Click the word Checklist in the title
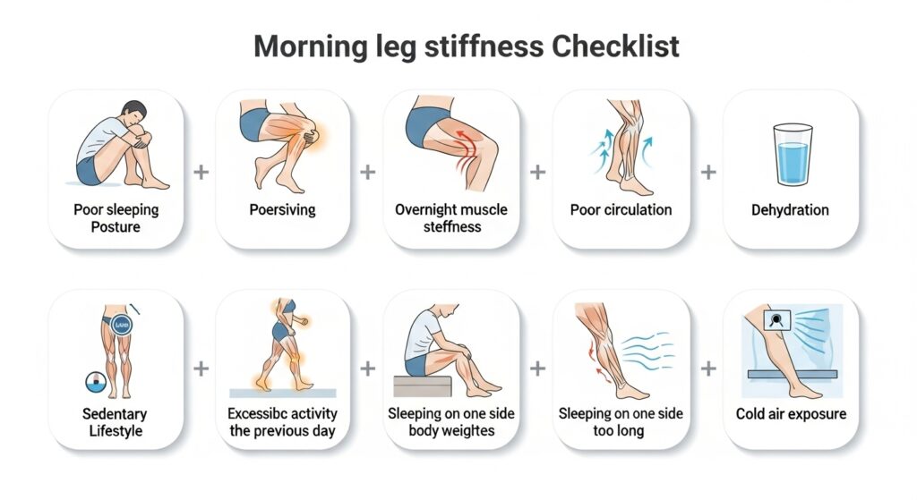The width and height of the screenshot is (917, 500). pos(615,47)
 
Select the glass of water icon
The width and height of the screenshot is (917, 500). pos(793,154)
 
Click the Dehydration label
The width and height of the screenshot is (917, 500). pos(790,210)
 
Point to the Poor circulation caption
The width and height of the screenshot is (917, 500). pos(621,210)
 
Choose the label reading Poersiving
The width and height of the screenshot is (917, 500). pos(282,210)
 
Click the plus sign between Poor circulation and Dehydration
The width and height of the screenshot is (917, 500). pos(708,173)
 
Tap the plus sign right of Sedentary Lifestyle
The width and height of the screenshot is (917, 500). pos(201,369)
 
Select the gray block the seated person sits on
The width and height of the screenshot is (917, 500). pos(423,386)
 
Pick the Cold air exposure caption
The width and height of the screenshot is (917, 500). pos(792,414)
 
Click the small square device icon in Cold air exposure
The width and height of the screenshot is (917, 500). pos(777,319)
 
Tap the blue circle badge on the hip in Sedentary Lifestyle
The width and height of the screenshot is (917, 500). pos(122,325)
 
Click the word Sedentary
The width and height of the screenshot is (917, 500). pos(115,414)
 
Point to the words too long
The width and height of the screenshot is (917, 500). pos(619,432)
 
